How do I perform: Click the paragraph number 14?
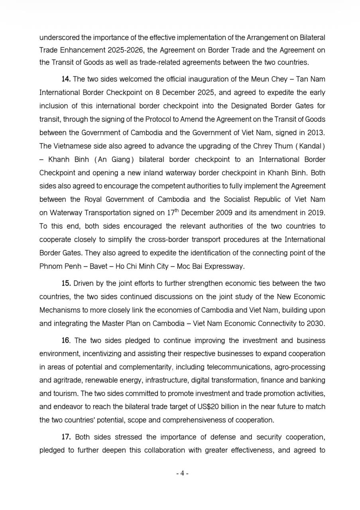coord(66,79)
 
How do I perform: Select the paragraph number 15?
coord(66,283)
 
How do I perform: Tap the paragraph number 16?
coord(66,340)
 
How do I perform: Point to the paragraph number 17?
coord(66,437)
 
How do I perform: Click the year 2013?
coord(315,133)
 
